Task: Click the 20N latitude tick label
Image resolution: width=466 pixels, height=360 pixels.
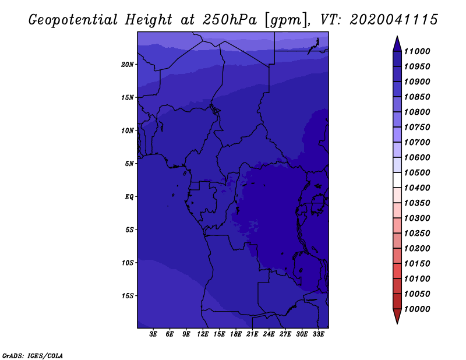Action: [128, 65]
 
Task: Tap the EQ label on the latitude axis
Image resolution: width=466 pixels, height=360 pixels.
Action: [129, 197]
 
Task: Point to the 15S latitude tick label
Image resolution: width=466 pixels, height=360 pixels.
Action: [128, 296]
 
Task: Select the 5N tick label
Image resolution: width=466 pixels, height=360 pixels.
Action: [129, 164]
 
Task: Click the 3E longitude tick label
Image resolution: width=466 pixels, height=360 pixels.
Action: [153, 334]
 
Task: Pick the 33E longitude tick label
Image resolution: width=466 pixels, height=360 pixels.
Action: [318, 334]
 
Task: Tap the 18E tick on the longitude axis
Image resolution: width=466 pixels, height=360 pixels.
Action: [236, 334]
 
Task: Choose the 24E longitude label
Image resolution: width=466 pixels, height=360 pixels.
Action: [269, 334]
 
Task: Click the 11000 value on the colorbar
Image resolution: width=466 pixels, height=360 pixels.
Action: [417, 51]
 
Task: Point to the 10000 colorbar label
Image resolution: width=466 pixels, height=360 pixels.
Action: [417, 309]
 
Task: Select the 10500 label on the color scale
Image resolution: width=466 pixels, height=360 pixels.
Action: [417, 172]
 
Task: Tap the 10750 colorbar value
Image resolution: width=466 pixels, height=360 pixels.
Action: [417, 127]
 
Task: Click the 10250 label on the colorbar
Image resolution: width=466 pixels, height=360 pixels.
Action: [417, 234]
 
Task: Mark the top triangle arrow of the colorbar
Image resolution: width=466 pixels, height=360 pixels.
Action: [397, 45]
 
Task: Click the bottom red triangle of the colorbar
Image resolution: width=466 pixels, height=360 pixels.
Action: [397, 316]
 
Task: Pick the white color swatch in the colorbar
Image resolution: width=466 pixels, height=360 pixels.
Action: [397, 180]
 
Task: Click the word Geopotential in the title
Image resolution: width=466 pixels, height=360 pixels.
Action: [73, 20]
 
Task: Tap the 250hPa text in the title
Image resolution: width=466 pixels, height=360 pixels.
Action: [230, 20]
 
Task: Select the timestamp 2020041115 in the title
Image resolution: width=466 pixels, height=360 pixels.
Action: [394, 20]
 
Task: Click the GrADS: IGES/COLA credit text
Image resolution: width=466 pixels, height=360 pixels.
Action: [33, 355]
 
